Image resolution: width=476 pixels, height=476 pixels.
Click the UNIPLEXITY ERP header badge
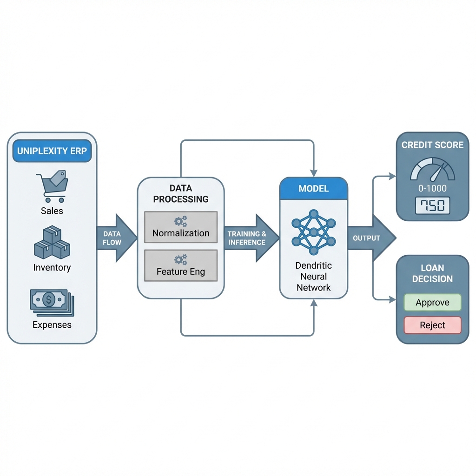[52, 152]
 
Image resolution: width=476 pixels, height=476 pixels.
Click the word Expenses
[52, 325]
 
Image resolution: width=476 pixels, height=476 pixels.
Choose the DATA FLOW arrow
[114, 238]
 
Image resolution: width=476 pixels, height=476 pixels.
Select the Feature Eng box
[181, 265]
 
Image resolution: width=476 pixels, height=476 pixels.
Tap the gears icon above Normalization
[181, 221]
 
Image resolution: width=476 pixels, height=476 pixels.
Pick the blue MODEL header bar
[313, 189]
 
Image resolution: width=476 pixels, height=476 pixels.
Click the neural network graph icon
[313, 232]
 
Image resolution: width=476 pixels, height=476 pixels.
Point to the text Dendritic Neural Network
[313, 276]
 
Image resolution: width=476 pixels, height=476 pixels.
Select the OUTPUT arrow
[370, 238]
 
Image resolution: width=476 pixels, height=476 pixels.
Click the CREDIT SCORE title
[432, 145]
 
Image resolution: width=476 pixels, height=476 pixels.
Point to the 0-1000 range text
[432, 188]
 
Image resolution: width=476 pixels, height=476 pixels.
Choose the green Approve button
[432, 303]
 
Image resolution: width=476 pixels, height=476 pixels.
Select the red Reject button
[432, 325]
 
